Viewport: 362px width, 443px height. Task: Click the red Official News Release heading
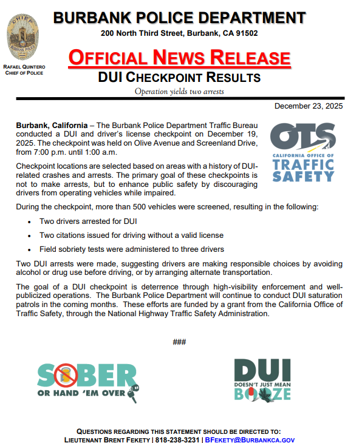179,58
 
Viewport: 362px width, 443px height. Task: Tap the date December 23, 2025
309,106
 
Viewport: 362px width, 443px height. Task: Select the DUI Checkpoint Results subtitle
179,78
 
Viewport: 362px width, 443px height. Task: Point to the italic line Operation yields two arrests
179,92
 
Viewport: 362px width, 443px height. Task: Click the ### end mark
179,342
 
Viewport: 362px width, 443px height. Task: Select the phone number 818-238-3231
179,439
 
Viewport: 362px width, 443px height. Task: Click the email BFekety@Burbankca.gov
250,439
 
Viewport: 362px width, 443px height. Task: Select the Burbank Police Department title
179,17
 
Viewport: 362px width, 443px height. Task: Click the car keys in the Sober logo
133,393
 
